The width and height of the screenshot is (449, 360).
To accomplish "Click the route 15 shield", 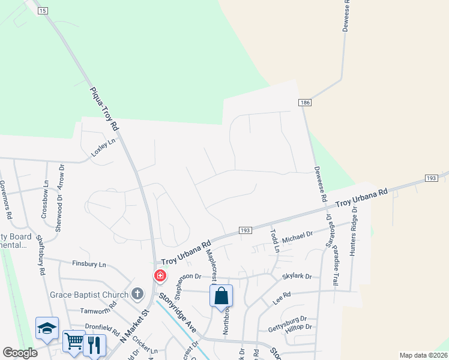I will (x=41, y=11).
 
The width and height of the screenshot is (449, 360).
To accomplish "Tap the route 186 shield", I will (x=306, y=103).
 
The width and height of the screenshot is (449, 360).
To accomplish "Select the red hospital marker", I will (x=160, y=275).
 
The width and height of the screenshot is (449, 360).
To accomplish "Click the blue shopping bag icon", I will (x=221, y=296).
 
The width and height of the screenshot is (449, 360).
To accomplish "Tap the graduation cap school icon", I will (x=47, y=328).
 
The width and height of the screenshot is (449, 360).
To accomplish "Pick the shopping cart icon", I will (x=74, y=341).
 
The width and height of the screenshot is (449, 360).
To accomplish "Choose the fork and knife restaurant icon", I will (x=95, y=344).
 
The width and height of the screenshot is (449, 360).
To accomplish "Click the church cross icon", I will (x=137, y=294).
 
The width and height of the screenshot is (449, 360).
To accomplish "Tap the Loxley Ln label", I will (x=102, y=147).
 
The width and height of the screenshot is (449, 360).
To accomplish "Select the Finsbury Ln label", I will (x=89, y=264).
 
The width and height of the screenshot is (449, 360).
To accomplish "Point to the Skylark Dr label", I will (x=297, y=277).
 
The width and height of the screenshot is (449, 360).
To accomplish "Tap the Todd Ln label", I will (x=275, y=241).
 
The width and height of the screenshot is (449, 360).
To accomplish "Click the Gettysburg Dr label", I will (x=287, y=319).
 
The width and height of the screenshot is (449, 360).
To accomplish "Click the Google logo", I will (x=20, y=353).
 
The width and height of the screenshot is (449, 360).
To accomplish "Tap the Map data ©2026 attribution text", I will (x=423, y=355).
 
